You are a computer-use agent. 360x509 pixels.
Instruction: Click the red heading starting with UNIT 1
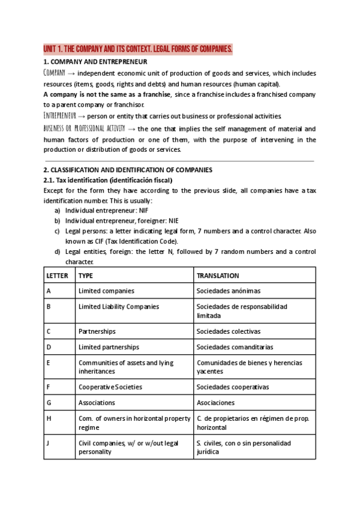(137, 49)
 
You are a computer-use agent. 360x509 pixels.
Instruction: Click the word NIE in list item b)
(173, 221)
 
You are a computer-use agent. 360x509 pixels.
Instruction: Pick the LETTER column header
(58, 276)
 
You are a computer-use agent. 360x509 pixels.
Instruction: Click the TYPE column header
(86, 276)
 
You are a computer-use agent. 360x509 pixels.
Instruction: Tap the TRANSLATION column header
(218, 276)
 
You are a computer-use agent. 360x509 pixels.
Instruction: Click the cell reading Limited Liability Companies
(119, 306)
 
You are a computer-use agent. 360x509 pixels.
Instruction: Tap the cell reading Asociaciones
(215, 403)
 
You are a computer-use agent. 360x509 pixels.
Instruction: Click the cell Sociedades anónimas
(229, 291)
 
